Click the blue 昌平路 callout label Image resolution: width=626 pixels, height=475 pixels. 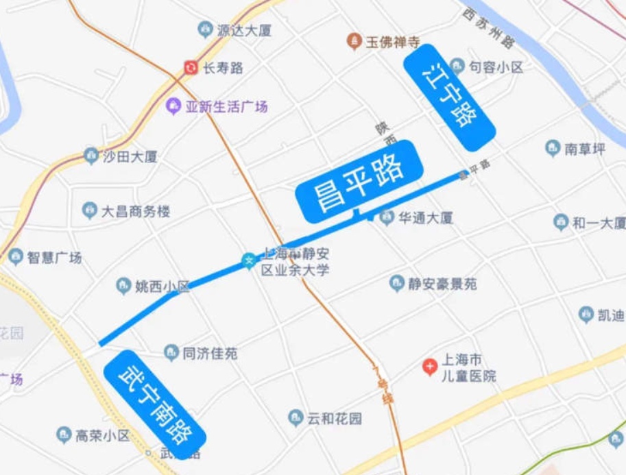coord(358,180)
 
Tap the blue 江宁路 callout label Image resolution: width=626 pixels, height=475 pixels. coord(449,96)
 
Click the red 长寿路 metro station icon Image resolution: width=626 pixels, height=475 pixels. coord(191,67)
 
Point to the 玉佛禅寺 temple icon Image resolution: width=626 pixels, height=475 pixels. coord(354,41)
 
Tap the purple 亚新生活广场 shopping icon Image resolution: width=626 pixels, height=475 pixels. coord(173,106)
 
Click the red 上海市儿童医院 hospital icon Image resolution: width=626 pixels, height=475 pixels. coord(429,367)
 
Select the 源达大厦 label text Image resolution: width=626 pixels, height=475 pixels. coord(245,30)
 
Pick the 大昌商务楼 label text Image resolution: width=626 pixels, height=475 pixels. coord(135,211)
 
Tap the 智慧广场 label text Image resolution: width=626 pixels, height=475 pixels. coord(54,258)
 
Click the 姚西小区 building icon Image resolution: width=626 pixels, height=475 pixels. coord(123,286)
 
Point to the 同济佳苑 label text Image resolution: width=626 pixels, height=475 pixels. coord(210,354)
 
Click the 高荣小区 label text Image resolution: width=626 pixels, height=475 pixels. coord(102,435)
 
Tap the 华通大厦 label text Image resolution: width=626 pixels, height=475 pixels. coord(426,218)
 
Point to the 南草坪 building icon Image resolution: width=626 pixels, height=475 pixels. coord(553,148)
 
